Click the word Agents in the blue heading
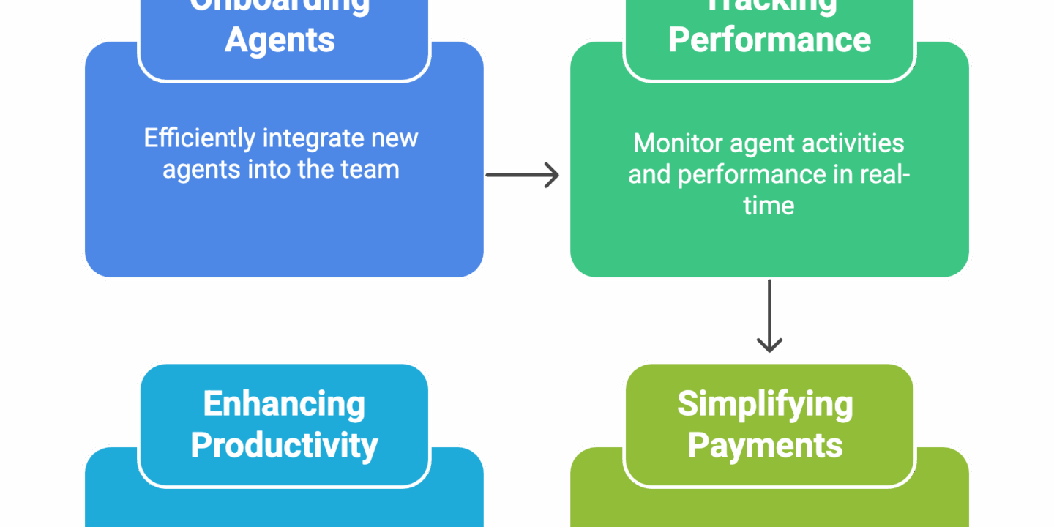click(280, 40)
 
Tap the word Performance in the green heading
click(769, 40)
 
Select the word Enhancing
click(284, 404)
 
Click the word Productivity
click(284, 445)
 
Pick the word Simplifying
click(765, 404)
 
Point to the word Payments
click(765, 445)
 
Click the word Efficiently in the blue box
click(199, 138)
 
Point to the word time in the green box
click(769, 206)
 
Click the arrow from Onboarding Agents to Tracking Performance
click(523, 175)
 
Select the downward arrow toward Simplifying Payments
click(769, 315)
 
